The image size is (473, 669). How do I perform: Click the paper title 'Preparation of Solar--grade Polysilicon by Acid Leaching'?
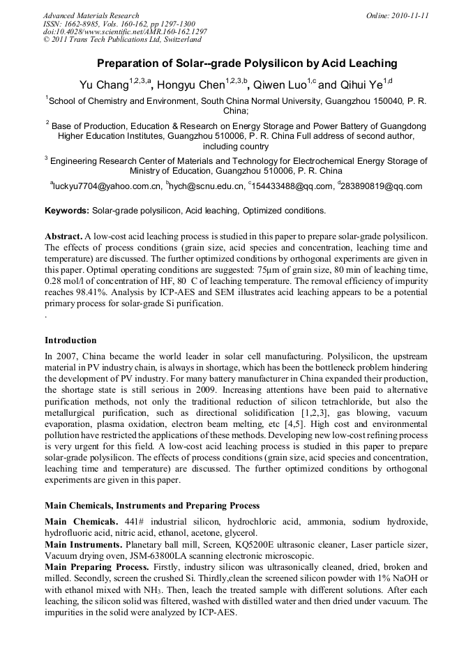[x=236, y=63]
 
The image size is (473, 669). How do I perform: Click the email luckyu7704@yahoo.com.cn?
[x=105, y=186]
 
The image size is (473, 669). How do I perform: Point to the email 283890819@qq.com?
[x=382, y=186]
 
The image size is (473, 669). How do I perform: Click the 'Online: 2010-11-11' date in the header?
[x=397, y=15]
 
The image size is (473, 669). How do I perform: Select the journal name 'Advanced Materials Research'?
[x=91, y=15]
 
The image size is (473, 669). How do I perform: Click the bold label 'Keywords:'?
[x=67, y=211]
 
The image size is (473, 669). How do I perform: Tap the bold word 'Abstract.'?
[x=63, y=237]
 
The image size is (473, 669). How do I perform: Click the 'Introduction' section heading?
[x=70, y=340]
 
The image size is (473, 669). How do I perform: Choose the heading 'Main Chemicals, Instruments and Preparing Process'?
[x=152, y=505]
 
